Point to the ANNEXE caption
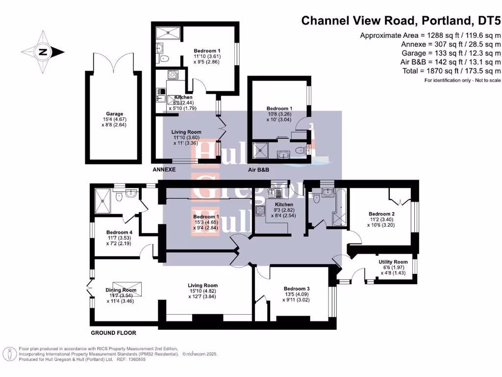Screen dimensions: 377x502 (164, 169)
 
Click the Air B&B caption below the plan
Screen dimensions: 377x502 (261, 169)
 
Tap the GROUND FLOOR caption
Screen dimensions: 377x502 (113, 333)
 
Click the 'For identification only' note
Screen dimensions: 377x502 (463, 80)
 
